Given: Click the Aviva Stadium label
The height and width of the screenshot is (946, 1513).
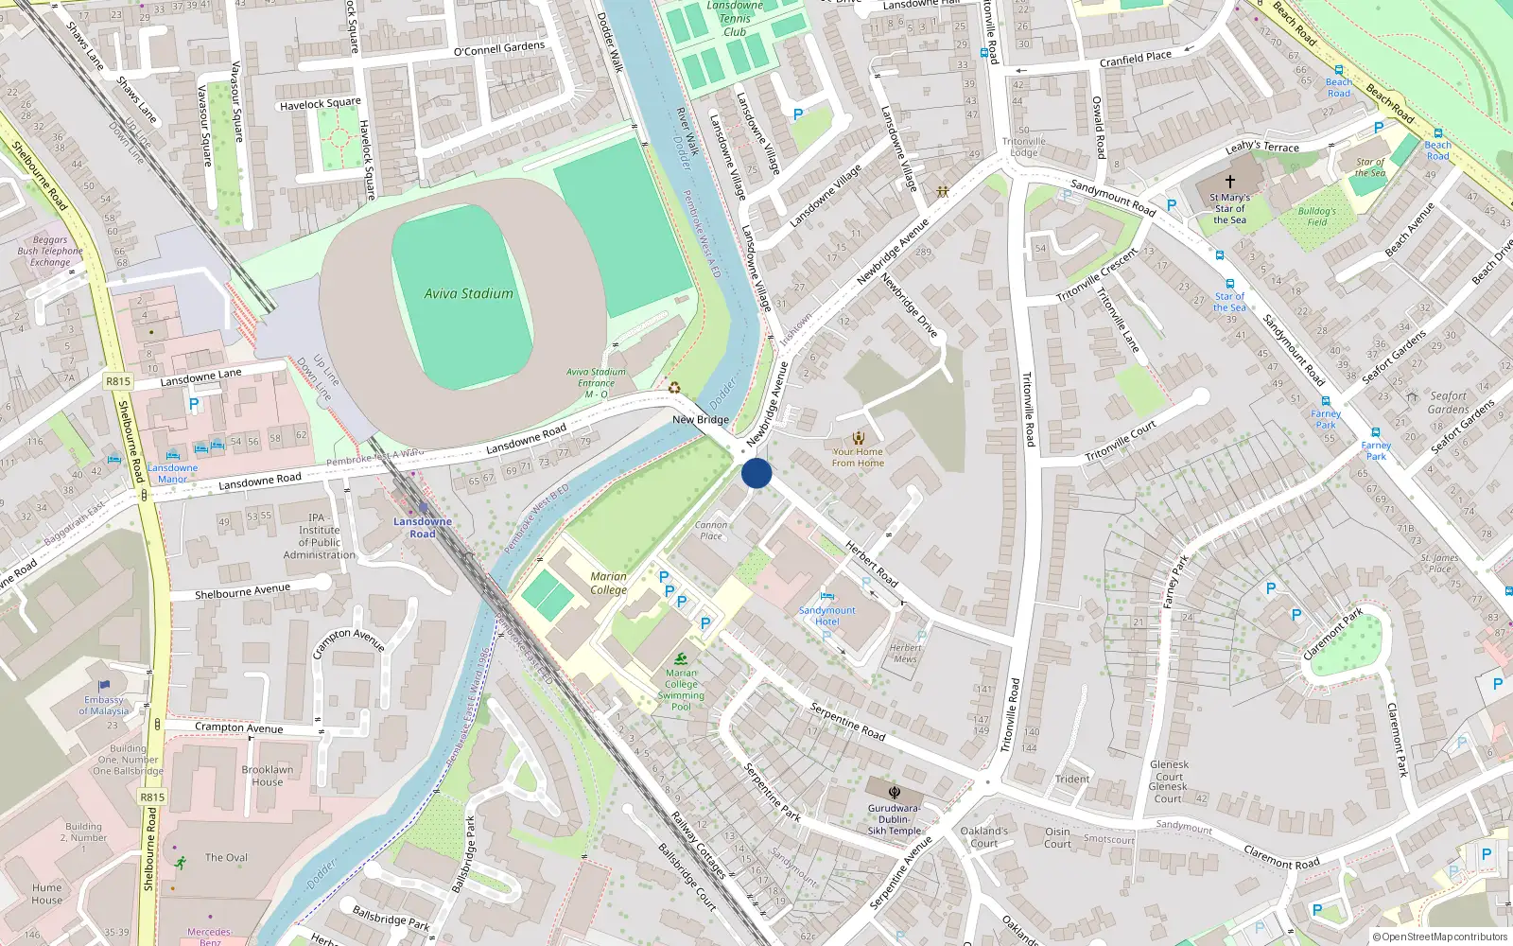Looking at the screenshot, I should click(x=468, y=293).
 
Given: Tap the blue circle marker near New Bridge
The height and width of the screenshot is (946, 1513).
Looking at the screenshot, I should click(x=756, y=473).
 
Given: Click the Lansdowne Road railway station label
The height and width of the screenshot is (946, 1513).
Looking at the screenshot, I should click(x=423, y=528).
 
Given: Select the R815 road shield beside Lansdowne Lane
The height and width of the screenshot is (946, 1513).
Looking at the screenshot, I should click(x=118, y=381).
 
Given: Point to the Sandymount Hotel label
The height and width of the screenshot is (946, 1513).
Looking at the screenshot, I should click(x=826, y=616).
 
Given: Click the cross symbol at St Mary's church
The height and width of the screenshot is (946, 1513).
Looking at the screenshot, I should click(x=1230, y=181).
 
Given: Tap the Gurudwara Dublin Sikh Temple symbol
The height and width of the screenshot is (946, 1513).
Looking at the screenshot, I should click(x=894, y=793).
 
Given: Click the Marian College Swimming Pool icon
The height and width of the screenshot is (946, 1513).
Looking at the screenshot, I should click(x=682, y=658).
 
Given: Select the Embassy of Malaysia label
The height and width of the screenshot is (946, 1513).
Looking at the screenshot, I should click(x=104, y=705).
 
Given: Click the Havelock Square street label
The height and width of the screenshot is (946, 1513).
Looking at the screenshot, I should click(x=321, y=104).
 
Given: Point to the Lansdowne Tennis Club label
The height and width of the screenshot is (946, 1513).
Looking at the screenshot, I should click(x=735, y=19).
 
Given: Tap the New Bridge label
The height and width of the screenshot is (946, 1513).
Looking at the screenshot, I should click(x=701, y=419).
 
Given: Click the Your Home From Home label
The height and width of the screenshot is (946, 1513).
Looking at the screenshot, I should click(x=858, y=457).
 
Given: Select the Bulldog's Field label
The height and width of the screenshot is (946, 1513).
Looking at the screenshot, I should click(x=1317, y=217).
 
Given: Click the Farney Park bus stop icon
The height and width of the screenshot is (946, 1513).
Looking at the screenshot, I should click(x=1326, y=401).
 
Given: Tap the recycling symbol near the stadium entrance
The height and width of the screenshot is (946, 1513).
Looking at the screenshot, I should click(x=674, y=386).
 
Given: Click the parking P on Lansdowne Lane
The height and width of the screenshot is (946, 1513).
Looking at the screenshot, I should click(x=194, y=404).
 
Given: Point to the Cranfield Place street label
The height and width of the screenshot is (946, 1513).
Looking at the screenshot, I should click(x=1135, y=59).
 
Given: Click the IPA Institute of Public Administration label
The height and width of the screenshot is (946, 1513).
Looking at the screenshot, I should click(x=320, y=536).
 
